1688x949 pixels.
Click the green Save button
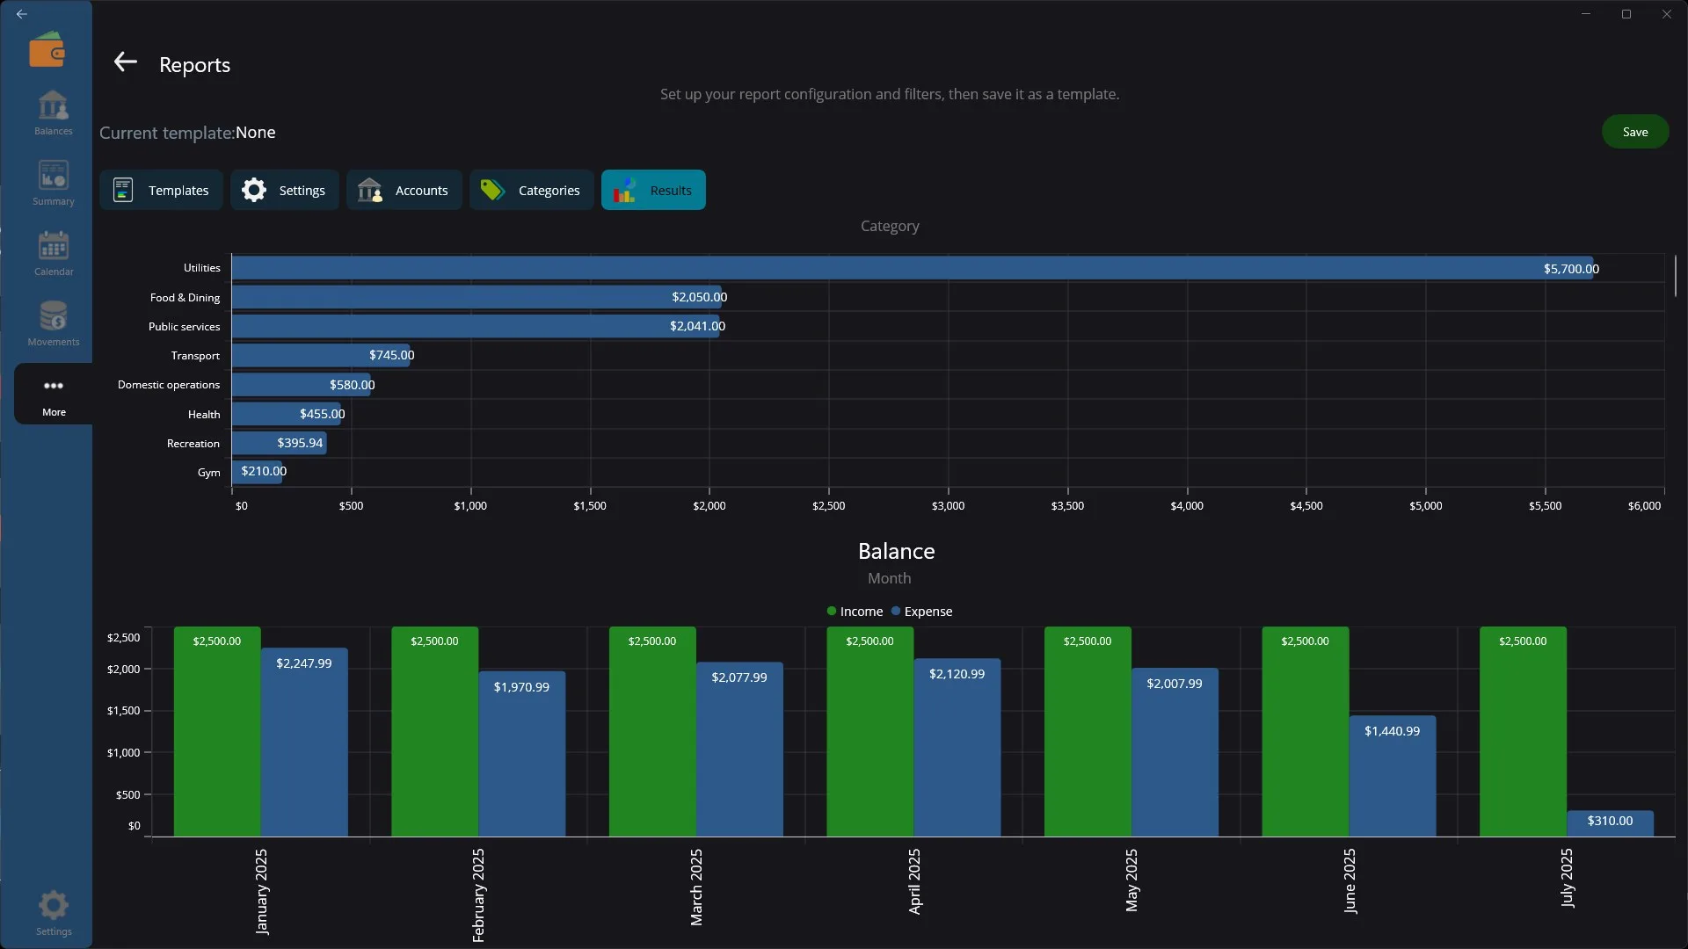1634,132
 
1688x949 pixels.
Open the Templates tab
161,190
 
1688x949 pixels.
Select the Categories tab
531,190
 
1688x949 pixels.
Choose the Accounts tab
404,190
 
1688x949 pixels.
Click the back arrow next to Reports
126,62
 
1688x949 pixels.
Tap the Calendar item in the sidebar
54,253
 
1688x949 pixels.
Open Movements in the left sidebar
54,323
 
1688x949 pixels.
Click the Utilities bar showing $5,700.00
913,268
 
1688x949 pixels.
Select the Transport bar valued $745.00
321,355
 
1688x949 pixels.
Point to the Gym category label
208,473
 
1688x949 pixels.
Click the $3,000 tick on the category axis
948,506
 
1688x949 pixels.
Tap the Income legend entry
855,612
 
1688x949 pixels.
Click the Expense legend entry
921,612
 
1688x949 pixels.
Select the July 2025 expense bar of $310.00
1610,823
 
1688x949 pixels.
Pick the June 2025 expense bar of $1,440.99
1393,776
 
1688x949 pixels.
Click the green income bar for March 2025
652,732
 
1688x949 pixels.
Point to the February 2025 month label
478,895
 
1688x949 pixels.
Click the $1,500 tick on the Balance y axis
123,711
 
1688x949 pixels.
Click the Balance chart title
896,551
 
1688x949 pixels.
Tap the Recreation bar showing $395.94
280,443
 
